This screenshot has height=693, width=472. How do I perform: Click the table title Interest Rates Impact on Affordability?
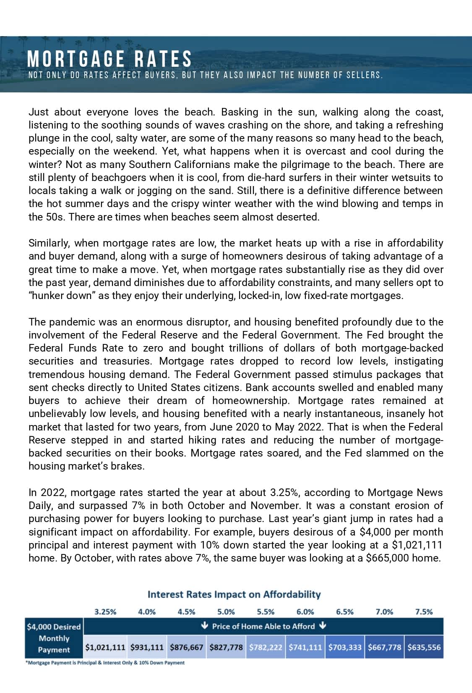234,595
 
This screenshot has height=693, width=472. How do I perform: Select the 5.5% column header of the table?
266,612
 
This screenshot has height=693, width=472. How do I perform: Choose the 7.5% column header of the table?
424,612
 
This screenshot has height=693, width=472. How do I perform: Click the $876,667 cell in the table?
186,647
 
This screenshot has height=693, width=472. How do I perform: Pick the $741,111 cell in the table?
305,647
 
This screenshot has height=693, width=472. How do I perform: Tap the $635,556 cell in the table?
424,647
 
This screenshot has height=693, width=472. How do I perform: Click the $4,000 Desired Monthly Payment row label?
54,638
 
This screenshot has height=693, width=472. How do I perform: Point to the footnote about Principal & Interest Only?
105,663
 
